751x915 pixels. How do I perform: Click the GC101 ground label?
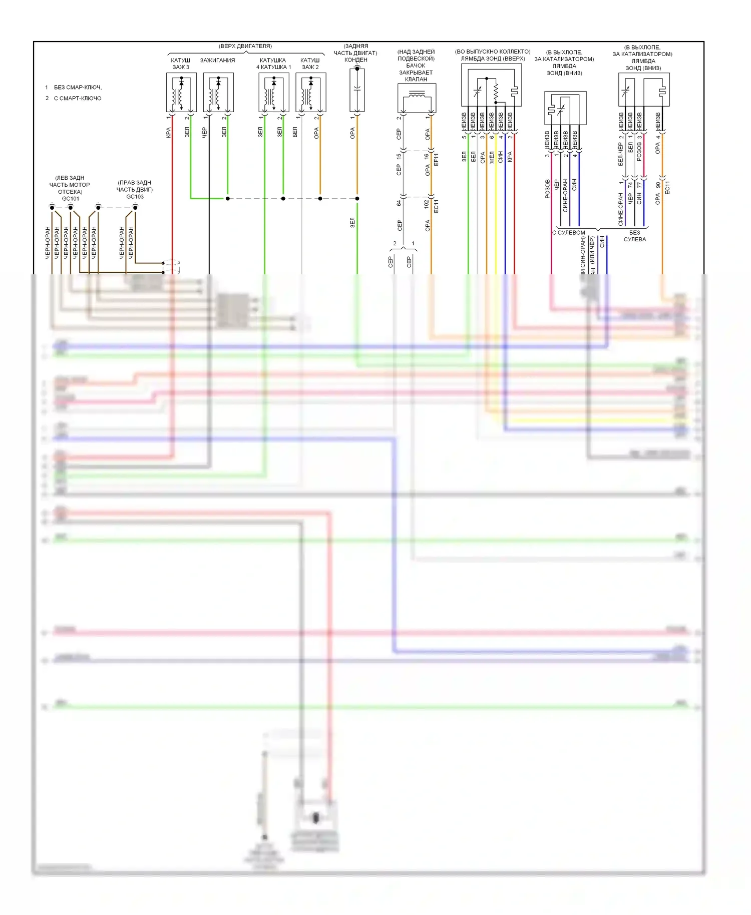tap(71, 199)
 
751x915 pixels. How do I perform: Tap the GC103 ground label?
tap(135, 197)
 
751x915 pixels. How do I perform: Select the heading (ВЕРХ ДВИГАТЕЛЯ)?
tap(245, 46)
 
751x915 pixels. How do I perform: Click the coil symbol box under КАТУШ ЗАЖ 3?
tap(181, 93)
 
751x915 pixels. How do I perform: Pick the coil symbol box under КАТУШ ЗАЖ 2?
tap(311, 93)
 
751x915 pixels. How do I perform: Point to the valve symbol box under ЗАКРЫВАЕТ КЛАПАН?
tap(417, 98)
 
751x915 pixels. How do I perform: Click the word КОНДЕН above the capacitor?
tap(356, 60)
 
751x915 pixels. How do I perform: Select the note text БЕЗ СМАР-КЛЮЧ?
tap(78, 87)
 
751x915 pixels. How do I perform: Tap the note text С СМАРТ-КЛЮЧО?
tap(78, 98)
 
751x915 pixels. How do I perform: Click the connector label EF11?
tap(436, 160)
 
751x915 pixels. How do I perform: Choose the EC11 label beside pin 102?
tap(436, 206)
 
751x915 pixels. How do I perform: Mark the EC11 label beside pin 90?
tap(667, 187)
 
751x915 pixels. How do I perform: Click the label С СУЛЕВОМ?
tap(569, 233)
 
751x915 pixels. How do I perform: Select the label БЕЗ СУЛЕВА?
tap(634, 236)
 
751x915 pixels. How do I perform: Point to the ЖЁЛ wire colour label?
tap(492, 157)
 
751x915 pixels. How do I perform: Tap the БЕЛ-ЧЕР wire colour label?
tap(621, 154)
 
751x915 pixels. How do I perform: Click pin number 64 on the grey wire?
tap(399, 203)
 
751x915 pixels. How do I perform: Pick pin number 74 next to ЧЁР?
tap(630, 185)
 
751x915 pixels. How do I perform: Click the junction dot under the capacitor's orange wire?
tap(357, 199)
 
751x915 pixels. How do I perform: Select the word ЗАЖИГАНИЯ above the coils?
tap(217, 61)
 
